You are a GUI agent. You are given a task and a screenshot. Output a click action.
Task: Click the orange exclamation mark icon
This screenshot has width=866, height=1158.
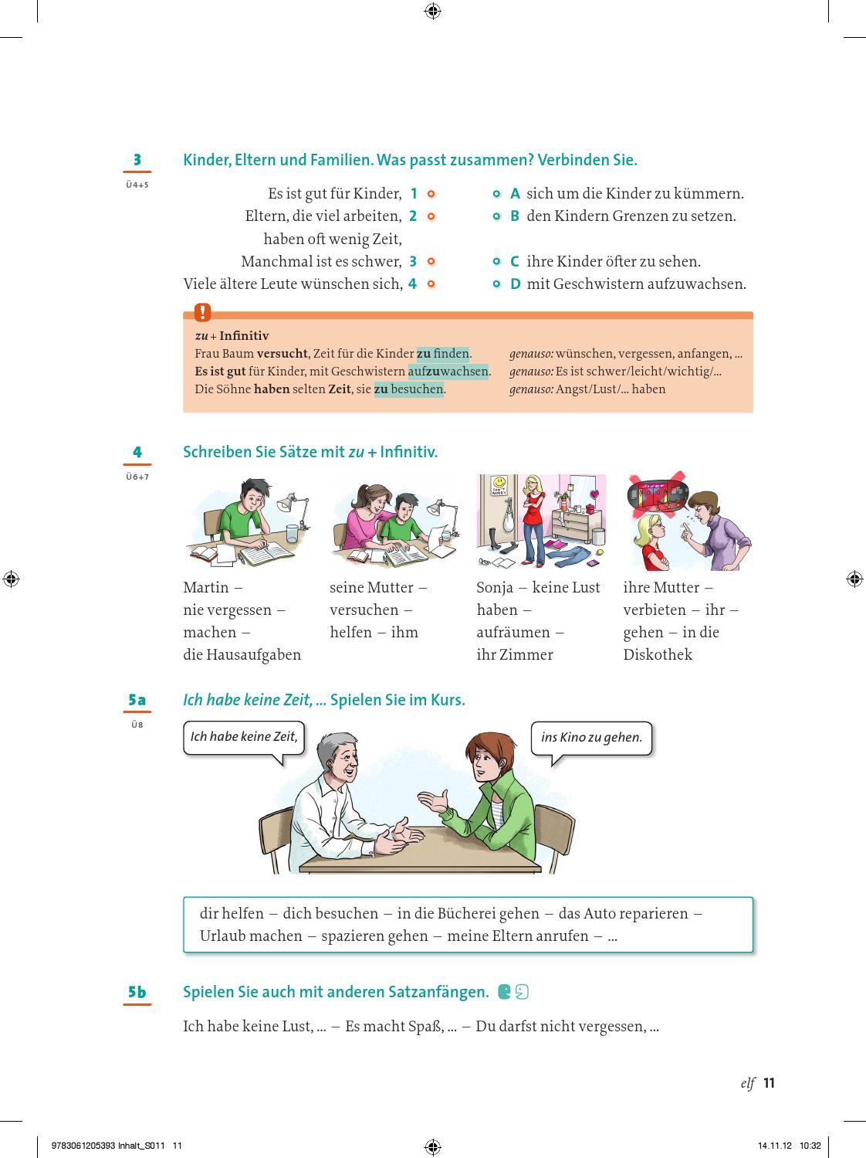pyautogui.click(x=202, y=312)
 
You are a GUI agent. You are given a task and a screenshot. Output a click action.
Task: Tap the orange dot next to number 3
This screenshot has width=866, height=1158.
pyautogui.click(x=431, y=261)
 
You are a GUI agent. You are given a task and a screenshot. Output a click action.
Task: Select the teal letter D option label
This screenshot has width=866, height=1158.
pyautogui.click(x=516, y=284)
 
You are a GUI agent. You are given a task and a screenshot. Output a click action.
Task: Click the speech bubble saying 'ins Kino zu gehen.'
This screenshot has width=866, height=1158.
pyautogui.click(x=591, y=738)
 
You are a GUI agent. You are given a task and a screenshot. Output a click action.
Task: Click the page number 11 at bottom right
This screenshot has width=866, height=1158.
pyautogui.click(x=769, y=1083)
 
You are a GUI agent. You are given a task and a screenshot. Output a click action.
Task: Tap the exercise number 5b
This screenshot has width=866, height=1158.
pyautogui.click(x=137, y=992)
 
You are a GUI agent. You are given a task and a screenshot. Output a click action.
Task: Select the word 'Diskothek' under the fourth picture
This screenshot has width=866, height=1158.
pyautogui.click(x=658, y=654)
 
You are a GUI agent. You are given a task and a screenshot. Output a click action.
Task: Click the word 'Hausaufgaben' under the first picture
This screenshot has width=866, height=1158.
pyautogui.click(x=253, y=654)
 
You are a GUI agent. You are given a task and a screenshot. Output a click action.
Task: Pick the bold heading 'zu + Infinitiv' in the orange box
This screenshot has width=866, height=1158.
pyautogui.click(x=232, y=336)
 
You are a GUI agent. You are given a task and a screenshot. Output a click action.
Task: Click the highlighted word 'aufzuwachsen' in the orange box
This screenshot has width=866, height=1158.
pyautogui.click(x=448, y=372)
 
